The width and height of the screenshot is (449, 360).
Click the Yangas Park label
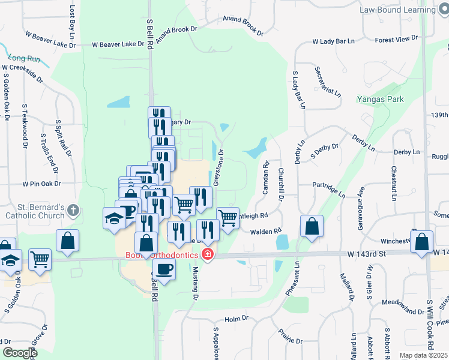[380, 99]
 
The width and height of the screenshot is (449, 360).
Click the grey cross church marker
[73, 211]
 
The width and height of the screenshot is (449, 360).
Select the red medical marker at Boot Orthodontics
[208, 255]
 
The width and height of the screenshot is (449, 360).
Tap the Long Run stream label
[25, 58]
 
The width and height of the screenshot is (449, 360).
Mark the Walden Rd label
[265, 231]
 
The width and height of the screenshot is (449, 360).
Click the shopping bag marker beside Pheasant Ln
[312, 227]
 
